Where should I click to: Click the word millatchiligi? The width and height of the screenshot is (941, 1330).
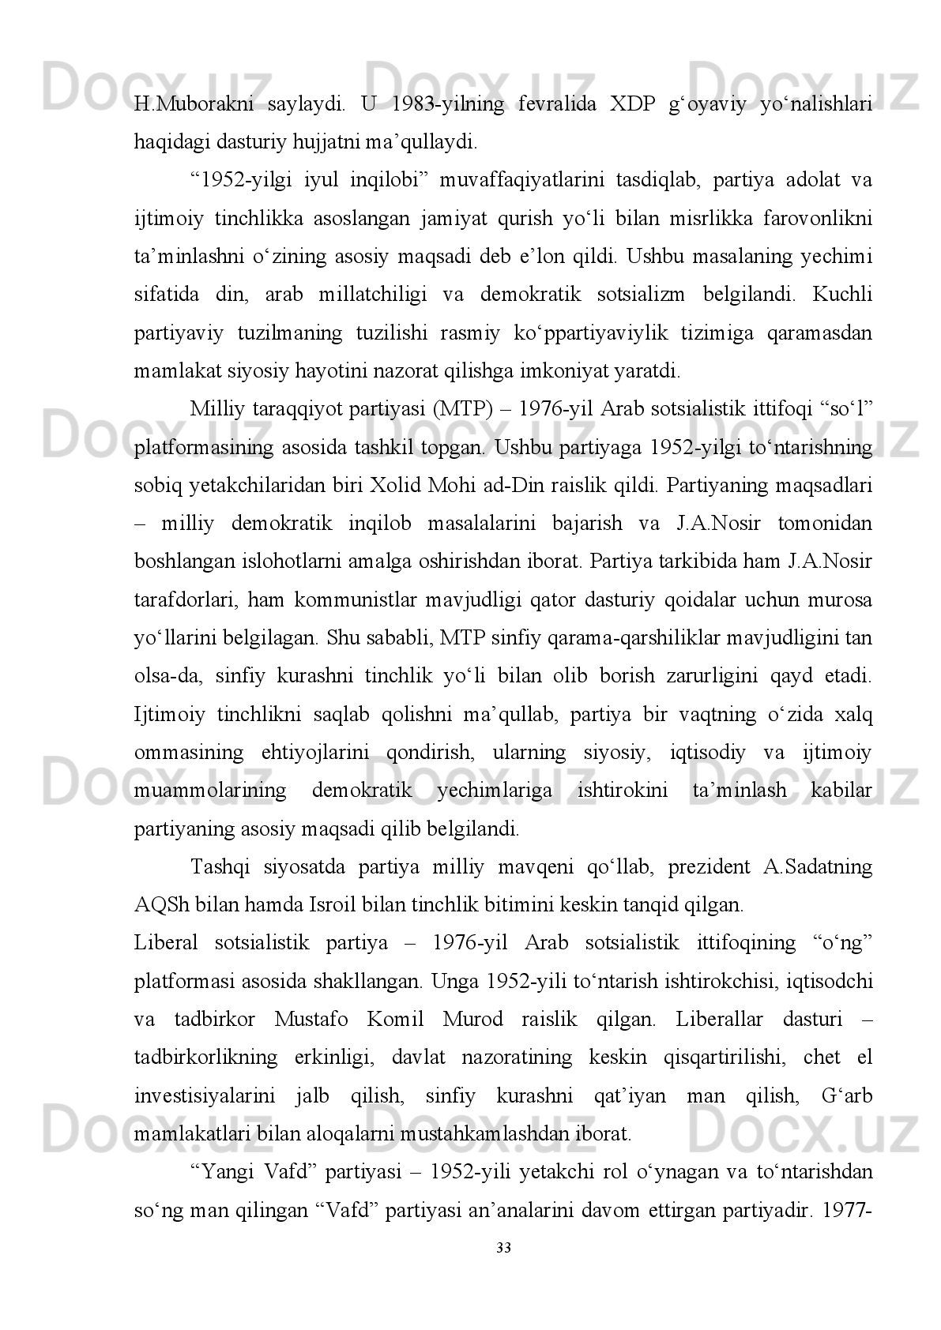coord(374,295)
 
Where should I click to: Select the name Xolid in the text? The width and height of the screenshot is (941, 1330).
coord(396,486)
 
